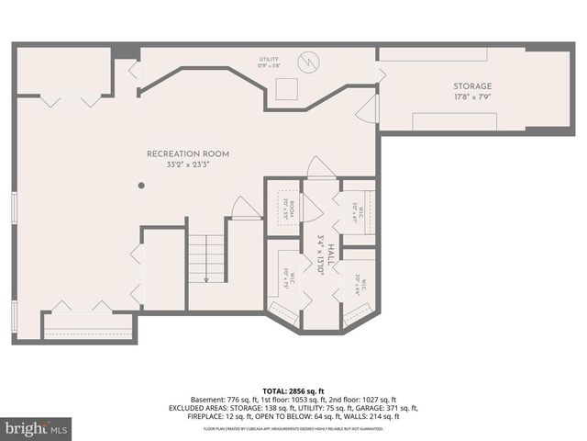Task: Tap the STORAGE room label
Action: [471, 86]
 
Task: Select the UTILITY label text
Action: [267, 60]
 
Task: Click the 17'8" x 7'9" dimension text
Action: [471, 96]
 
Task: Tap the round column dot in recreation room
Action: [141, 186]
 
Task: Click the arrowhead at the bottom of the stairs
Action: [206, 279]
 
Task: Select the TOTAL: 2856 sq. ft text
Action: [293, 390]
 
